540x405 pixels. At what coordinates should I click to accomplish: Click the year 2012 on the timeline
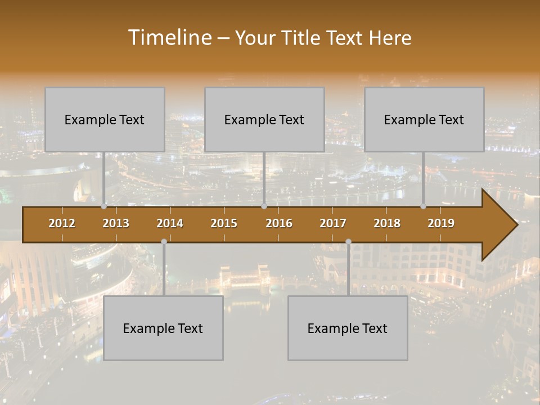point(62,223)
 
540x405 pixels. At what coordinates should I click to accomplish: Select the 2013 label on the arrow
point(116,223)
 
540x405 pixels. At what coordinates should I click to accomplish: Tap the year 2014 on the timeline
point(170,223)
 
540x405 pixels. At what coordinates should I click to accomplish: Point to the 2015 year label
point(224,223)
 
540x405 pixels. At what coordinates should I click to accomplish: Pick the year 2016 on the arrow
point(279,223)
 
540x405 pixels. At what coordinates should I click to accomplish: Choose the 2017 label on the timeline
point(333,223)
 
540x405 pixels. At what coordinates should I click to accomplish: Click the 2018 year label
point(387,223)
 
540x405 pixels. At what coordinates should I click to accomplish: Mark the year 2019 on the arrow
point(441,223)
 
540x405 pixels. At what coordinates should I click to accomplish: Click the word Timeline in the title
point(169,37)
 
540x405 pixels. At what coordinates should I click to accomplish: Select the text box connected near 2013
point(105,119)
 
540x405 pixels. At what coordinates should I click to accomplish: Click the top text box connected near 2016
point(264,119)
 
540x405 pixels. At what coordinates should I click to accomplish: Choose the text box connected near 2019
point(424,119)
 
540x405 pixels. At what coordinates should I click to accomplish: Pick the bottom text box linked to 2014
point(163,328)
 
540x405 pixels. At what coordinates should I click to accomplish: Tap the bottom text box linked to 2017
point(348,328)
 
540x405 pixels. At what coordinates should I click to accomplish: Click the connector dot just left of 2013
point(104,206)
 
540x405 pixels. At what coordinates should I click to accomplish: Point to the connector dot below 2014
point(164,242)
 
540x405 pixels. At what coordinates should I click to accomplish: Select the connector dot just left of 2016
point(264,206)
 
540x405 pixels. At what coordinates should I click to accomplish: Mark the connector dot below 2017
point(348,242)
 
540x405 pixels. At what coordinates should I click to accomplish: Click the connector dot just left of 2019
point(424,206)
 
